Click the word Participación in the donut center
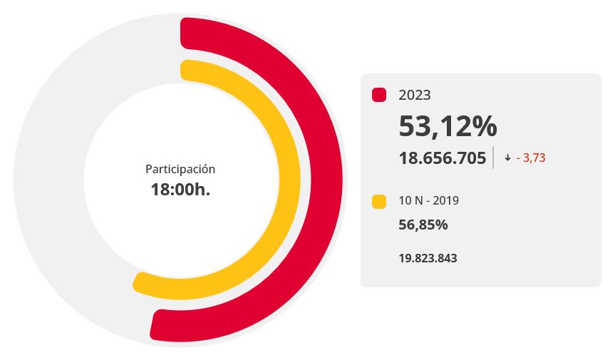click(180, 169)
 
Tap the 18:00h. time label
click(180, 190)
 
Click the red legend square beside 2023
click(379, 95)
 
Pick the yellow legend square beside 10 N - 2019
click(379, 202)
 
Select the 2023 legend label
click(415, 95)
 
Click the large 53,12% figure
click(448, 126)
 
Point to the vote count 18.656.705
click(442, 158)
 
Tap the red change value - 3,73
click(531, 158)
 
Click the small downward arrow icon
click(507, 158)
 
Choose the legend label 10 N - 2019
click(428, 201)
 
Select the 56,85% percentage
click(423, 225)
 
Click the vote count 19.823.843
click(428, 258)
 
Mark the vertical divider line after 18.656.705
click(493, 158)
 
